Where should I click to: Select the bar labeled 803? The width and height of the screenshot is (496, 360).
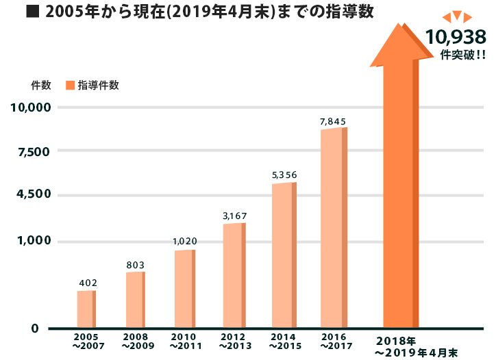tap(135, 300)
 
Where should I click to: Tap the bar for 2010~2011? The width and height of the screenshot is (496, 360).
tap(184, 289)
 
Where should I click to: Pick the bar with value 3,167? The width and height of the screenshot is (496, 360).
tap(234, 275)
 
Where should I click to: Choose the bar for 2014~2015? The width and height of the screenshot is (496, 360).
tap(284, 255)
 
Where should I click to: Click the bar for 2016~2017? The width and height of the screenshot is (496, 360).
tap(334, 228)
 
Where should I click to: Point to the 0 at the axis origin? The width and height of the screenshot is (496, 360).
tap(34, 329)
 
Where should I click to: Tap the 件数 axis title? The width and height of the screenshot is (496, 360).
tap(41, 86)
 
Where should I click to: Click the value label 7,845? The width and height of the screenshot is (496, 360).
tap(333, 121)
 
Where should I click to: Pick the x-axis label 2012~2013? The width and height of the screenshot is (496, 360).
tap(233, 342)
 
